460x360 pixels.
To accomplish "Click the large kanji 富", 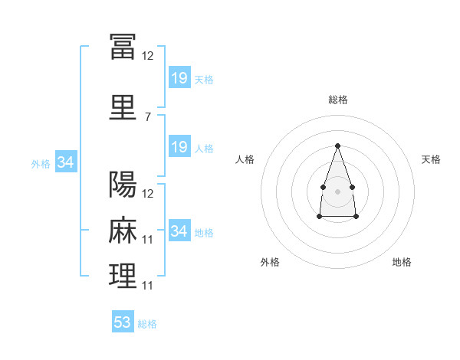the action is pyautogui.click(x=123, y=46).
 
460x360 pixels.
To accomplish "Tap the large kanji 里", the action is pyautogui.click(x=123, y=107).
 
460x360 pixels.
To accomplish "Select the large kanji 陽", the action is pyautogui.click(x=123, y=184).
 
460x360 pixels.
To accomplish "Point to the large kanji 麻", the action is pyautogui.click(x=123, y=230).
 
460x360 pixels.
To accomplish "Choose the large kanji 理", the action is pyautogui.click(x=123, y=276).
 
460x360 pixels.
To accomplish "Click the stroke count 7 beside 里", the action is pyautogui.click(x=148, y=117).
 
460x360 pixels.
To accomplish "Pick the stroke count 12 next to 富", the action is pyautogui.click(x=147, y=56).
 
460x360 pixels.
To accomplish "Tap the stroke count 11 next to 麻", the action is pyautogui.click(x=147, y=240).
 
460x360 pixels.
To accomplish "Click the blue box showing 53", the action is pyautogui.click(x=123, y=321).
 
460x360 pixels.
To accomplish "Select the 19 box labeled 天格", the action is pyautogui.click(x=180, y=77).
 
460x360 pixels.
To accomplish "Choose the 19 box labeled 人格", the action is pyautogui.click(x=180, y=146).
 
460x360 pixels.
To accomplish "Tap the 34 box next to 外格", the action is pyautogui.click(x=66, y=162).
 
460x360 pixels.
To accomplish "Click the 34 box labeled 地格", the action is pyautogui.click(x=180, y=230).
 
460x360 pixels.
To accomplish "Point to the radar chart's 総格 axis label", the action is pyautogui.click(x=338, y=100).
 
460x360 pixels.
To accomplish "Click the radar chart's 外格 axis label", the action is pyautogui.click(x=270, y=262).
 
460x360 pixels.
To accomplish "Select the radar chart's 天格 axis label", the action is pyautogui.click(x=431, y=159).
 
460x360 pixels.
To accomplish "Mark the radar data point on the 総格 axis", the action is pyautogui.click(x=337, y=146).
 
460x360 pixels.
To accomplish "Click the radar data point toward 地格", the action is pyautogui.click(x=356, y=217).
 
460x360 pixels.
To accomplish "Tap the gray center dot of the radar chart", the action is pyautogui.click(x=337, y=191).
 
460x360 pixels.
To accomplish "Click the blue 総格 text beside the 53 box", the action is pyautogui.click(x=147, y=324).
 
